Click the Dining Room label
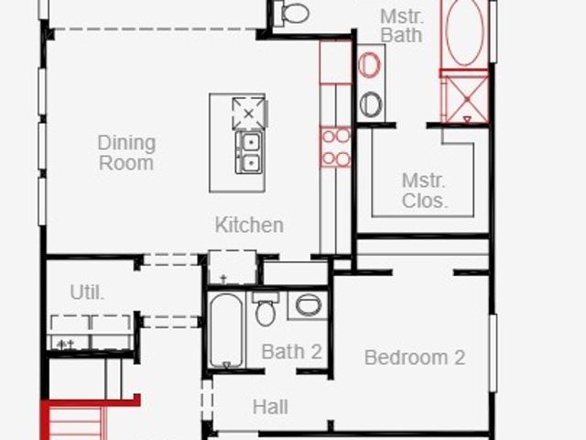126,153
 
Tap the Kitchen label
249,225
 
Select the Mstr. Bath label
401,26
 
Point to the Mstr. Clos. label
425,191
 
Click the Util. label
87,292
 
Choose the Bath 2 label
291,352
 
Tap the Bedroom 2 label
415,357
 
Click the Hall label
270,407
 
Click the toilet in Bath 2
266,309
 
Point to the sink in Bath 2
309,305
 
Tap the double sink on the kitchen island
249,152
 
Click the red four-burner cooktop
336,147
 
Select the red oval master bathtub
465,32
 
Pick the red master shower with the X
466,99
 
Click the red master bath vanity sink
369,65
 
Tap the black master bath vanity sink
371,104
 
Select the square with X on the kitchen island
249,114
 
